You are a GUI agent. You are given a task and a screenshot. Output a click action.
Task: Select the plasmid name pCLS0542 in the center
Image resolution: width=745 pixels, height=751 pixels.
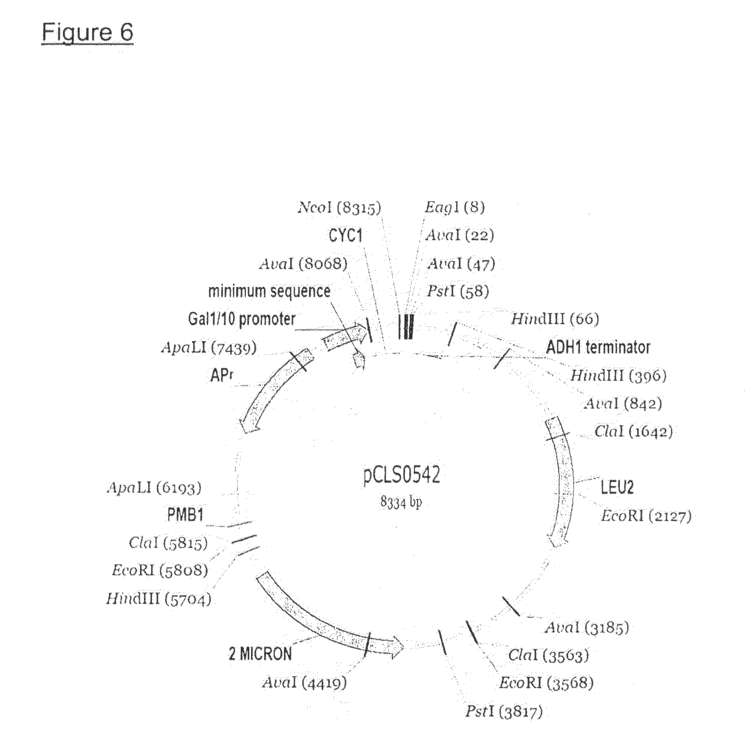click(x=401, y=475)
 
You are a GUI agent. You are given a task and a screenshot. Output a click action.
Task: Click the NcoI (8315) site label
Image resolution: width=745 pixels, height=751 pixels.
click(x=340, y=208)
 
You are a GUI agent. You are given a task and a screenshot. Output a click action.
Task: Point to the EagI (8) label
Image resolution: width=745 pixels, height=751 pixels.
click(x=455, y=207)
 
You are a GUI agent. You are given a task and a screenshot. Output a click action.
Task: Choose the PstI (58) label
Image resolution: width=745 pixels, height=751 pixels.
click(x=458, y=291)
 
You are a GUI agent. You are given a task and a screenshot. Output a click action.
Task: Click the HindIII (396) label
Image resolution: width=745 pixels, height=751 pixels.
click(x=618, y=375)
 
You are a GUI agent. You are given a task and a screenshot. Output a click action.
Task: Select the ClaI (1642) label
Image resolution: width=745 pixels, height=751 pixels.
click(x=634, y=432)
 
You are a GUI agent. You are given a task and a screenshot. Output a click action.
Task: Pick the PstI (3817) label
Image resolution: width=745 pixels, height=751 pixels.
click(x=504, y=711)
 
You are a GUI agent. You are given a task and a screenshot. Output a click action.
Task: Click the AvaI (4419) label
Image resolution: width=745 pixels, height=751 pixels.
click(x=304, y=683)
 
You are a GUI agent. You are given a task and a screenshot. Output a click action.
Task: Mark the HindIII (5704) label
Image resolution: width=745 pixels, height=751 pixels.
click(x=159, y=599)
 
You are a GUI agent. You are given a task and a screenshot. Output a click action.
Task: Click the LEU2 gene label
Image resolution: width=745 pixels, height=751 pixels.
click(x=617, y=487)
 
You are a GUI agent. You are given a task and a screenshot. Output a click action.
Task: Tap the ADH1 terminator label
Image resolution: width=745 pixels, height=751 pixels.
click(x=598, y=347)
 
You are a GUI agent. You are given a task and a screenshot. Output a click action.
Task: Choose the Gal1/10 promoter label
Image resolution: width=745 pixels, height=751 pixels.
click(x=241, y=319)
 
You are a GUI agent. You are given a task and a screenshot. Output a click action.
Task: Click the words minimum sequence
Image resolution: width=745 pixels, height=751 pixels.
click(x=270, y=291)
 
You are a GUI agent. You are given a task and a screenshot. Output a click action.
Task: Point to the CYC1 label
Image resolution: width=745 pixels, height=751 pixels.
click(x=346, y=236)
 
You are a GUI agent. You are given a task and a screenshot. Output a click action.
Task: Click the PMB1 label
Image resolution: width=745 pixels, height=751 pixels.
click(x=185, y=515)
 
